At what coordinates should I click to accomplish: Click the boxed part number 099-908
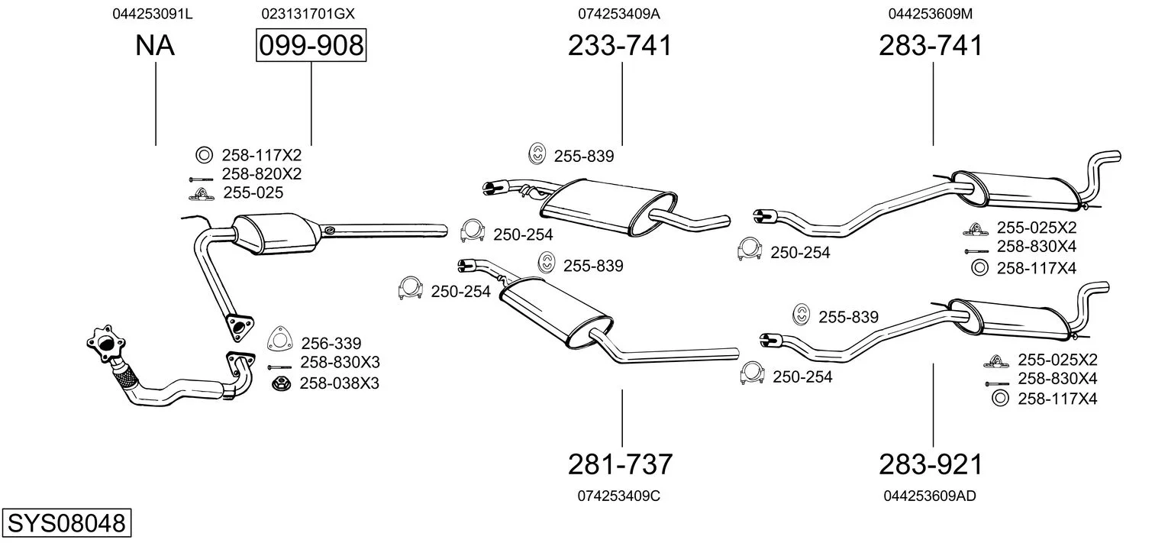click(311, 46)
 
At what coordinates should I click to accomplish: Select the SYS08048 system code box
click(66, 524)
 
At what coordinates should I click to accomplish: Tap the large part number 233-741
click(620, 46)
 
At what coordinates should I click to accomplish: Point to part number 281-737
click(620, 464)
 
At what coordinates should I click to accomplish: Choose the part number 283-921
click(931, 464)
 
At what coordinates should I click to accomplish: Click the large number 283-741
click(931, 46)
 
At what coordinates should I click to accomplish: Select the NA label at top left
click(155, 46)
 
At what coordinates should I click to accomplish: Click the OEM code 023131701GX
click(308, 14)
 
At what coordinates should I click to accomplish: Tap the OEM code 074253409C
click(618, 496)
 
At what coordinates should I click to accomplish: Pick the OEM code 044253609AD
click(930, 496)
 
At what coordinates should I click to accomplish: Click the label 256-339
click(331, 344)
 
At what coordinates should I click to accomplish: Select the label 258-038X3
click(339, 383)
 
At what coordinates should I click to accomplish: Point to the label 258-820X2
click(261, 174)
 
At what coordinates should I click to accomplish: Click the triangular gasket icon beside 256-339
click(279, 341)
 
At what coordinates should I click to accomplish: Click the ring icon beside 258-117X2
click(204, 156)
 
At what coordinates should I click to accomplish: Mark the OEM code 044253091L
click(152, 14)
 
